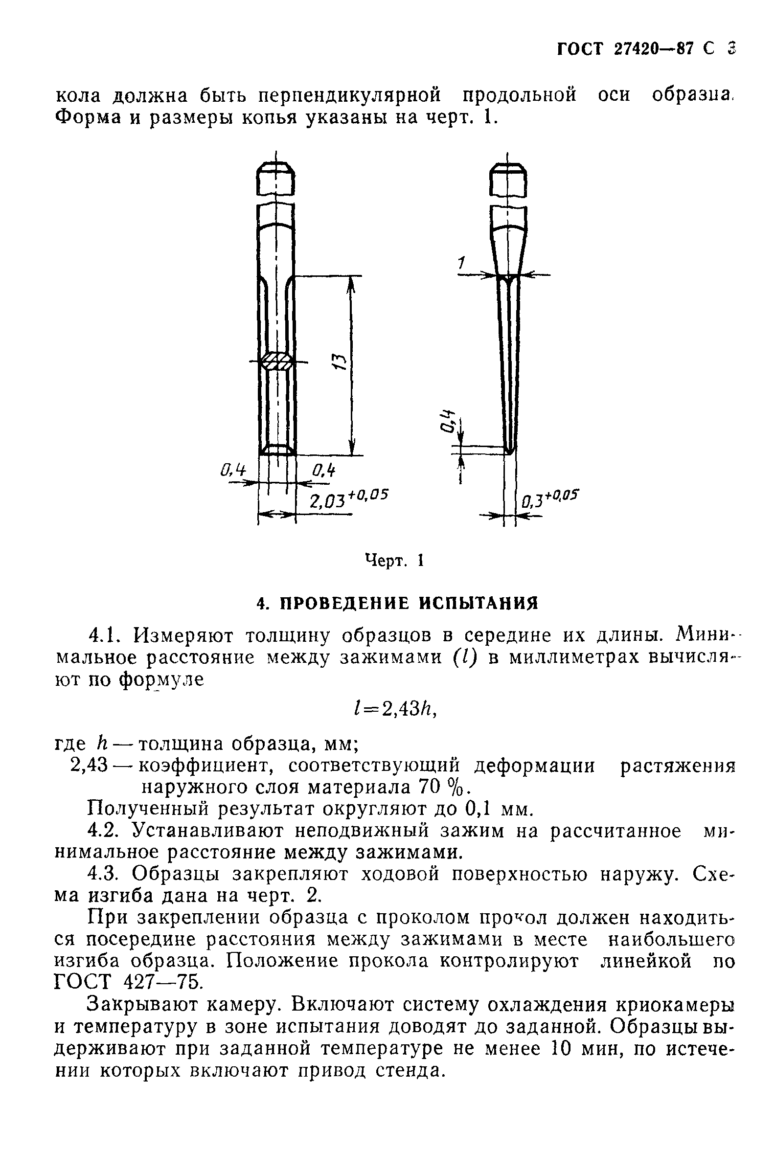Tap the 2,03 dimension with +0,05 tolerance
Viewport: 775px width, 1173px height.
[348, 499]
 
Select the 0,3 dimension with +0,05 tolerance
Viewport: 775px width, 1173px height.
[549, 499]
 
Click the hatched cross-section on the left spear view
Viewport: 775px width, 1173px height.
[277, 362]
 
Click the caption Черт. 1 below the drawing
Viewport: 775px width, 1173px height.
[394, 560]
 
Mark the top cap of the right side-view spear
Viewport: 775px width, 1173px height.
[507, 180]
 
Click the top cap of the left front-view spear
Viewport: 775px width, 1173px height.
[276, 180]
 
